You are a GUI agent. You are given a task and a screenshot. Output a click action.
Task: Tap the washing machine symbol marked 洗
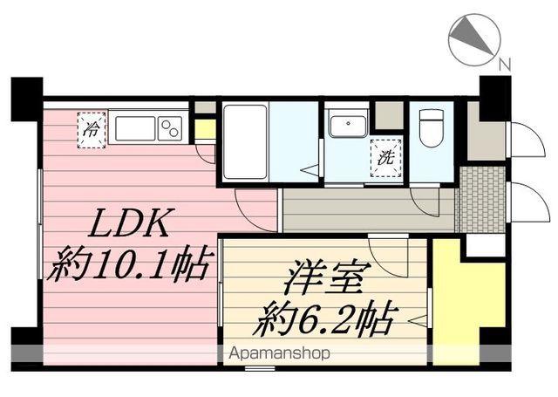point(385,158)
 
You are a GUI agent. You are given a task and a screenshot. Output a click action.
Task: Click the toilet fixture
point(432,129)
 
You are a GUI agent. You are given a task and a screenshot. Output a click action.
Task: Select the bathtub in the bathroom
point(244,142)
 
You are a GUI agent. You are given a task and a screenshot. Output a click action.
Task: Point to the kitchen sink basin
point(135,128)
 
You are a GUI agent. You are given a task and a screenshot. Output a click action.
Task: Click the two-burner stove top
point(171,128)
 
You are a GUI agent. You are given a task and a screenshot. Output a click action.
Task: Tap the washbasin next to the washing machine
point(348,127)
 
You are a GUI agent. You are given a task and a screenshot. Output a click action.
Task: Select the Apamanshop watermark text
point(279,354)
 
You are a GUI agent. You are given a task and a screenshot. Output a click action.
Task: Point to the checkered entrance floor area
point(482,199)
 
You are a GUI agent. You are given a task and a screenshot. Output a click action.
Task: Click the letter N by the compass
point(505,64)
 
